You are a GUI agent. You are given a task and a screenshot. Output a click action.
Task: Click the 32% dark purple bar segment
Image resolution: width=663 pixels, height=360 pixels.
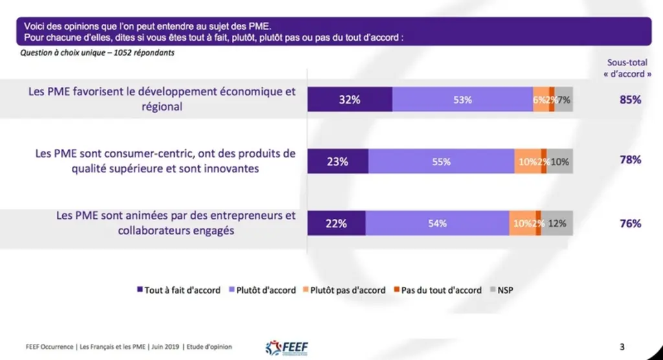pos(350,100)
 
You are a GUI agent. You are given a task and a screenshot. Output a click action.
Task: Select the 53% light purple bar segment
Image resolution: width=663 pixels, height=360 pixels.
pos(462,100)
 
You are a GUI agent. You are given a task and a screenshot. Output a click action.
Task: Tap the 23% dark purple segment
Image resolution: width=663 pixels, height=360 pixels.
pos(338,161)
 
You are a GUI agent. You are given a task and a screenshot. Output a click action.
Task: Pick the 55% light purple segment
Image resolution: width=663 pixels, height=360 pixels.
pos(442,161)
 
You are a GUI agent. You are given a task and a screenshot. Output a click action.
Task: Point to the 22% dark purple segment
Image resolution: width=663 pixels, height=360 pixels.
pos(337,223)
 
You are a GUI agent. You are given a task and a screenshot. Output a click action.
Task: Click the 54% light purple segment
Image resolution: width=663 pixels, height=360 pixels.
pos(438,223)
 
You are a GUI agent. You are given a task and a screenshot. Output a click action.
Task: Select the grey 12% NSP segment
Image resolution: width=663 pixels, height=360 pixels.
pos(557,223)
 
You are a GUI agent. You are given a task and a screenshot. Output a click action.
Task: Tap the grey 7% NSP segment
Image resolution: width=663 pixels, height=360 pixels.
pos(564,100)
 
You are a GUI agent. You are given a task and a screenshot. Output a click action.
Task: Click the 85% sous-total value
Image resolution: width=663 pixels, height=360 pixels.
pos(630,100)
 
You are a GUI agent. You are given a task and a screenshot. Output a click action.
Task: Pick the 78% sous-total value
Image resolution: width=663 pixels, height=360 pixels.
pos(630,160)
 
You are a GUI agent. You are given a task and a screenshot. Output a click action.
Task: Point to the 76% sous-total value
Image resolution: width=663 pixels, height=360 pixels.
pos(630,223)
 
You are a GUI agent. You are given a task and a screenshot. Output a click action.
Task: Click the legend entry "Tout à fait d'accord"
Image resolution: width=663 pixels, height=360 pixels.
pos(179,290)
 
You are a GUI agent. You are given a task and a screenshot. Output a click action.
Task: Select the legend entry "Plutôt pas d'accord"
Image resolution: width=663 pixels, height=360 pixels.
pos(344,290)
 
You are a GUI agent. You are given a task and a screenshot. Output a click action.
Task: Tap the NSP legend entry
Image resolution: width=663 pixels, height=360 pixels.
pos(502,290)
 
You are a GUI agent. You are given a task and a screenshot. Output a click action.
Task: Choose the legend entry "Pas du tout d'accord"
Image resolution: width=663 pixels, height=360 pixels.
pos(438,290)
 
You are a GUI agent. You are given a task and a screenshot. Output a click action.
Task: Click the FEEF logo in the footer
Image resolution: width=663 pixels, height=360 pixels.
pos(287,348)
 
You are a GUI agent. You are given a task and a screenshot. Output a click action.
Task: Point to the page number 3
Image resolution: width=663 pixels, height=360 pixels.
pos(622,347)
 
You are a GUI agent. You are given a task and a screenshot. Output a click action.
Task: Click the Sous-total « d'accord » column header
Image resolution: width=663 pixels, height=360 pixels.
pos(627,68)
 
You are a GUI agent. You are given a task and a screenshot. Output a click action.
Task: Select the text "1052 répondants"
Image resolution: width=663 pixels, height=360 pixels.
pos(144,53)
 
